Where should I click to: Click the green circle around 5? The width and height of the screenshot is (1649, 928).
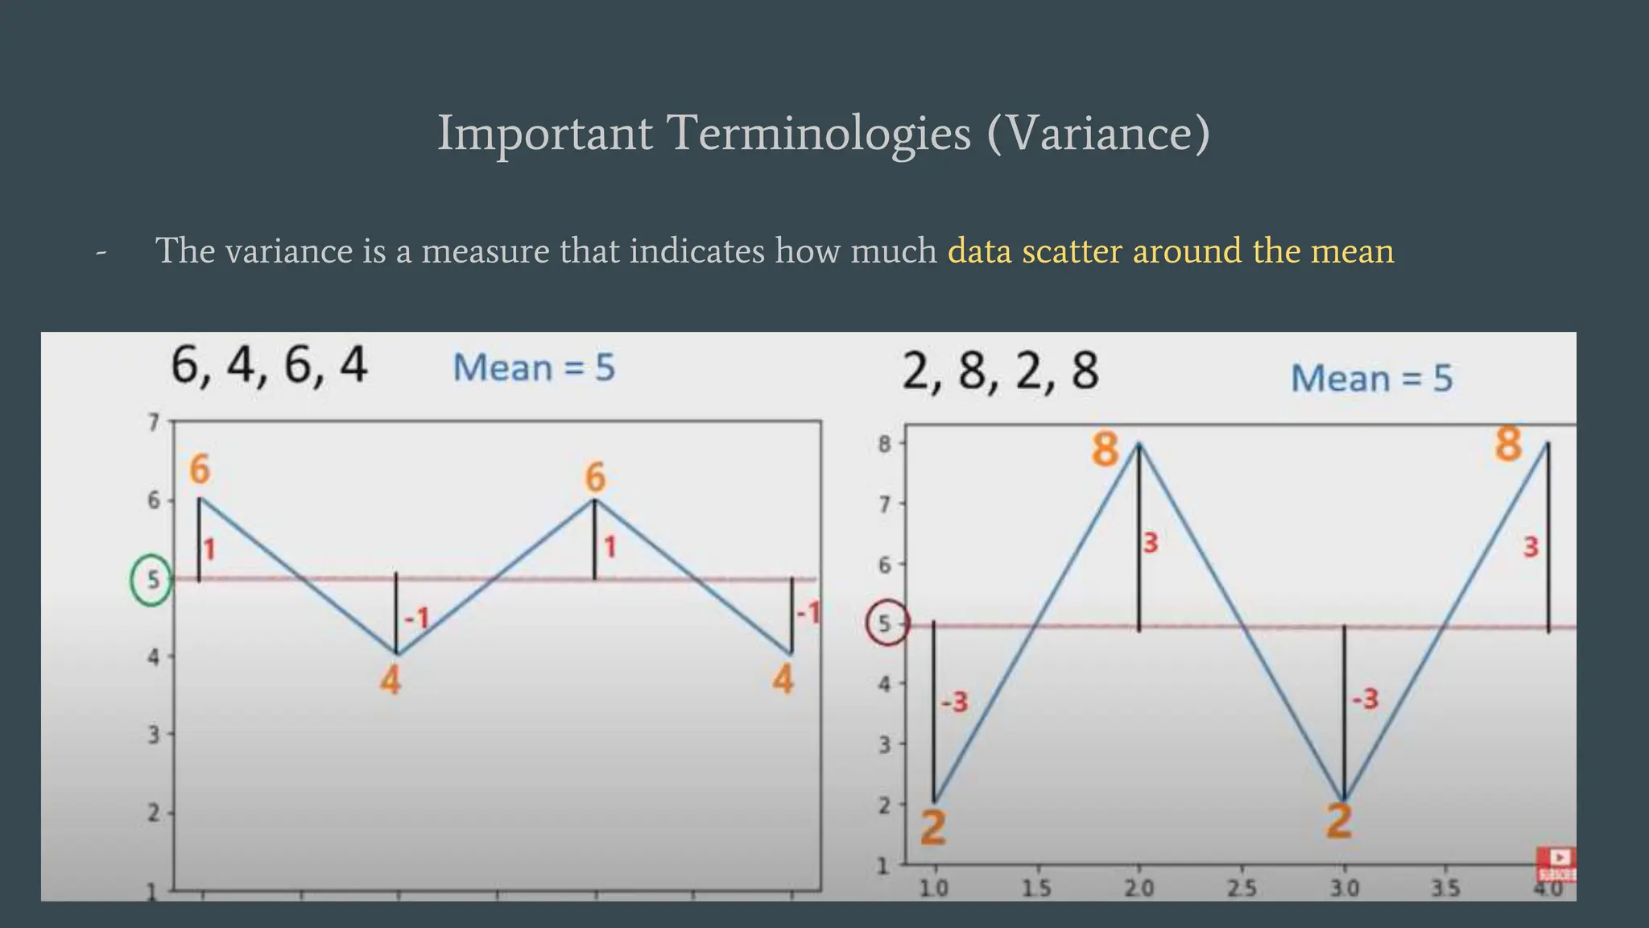151,580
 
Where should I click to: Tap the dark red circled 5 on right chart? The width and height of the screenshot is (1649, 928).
887,623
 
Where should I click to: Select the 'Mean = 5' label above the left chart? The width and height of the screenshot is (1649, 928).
534,368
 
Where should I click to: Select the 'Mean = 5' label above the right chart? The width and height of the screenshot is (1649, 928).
1372,378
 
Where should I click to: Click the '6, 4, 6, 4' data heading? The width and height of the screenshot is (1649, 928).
270,366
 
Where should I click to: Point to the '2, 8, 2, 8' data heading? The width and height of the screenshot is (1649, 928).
1000,372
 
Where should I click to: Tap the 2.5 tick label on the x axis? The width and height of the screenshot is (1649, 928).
1241,889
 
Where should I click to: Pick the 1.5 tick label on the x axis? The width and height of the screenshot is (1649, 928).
1037,889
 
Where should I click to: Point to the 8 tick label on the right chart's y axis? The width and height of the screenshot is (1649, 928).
884,444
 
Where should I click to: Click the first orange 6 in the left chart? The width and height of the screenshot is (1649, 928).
200,470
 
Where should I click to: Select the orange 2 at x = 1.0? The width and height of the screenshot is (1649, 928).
933,826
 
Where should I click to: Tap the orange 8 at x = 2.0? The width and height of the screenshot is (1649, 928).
1106,449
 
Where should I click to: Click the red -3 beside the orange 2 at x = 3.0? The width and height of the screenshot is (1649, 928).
1365,698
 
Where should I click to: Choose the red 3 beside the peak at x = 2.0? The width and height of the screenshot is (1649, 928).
1151,544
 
